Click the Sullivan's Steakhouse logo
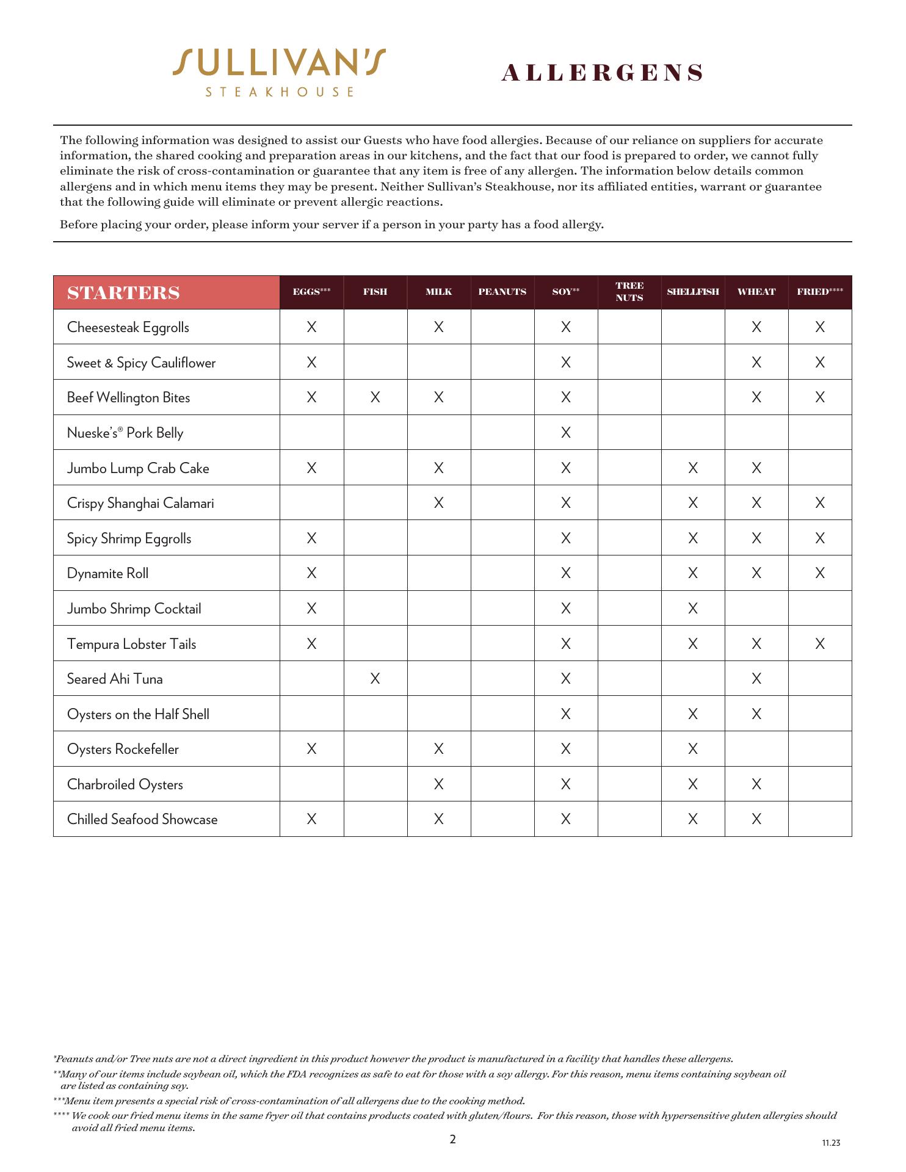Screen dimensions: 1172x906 279,72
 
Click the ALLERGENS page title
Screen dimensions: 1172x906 602,73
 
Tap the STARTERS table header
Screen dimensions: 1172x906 123,293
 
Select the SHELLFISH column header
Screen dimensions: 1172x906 693,292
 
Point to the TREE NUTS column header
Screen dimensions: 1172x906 629,292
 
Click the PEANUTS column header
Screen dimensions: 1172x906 502,292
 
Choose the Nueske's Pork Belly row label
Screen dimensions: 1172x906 125,433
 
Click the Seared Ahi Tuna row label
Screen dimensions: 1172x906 115,679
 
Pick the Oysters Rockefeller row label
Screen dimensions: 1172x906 123,749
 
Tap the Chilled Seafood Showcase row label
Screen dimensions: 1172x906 142,819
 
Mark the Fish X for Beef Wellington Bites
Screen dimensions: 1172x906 375,397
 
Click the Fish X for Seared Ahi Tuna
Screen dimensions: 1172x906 375,679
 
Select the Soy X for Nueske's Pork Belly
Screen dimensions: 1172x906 566,433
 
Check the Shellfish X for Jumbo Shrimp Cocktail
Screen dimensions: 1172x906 693,609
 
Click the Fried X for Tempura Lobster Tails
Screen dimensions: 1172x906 820,643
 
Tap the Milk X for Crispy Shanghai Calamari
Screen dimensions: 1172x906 439,503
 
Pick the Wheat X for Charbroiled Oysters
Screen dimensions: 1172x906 756,784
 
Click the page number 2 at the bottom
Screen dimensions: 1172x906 452,1139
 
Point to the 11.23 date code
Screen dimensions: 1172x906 831,1143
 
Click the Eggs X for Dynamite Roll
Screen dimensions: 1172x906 312,573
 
